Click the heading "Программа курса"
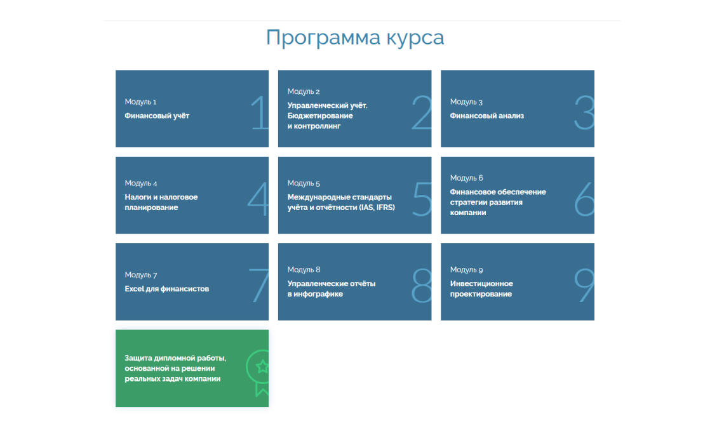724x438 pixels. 355,38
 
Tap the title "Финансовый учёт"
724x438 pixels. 157,116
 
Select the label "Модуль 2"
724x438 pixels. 304,91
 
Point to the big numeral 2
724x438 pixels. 421,112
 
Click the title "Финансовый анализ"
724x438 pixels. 486,116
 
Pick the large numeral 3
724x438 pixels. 584,112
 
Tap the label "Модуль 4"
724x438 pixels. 141,183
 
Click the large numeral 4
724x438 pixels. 258,199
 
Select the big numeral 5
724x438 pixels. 422,199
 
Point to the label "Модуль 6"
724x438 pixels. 466,178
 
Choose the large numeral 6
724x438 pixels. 584,199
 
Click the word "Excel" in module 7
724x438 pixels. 135,289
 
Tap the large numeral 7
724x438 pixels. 258,286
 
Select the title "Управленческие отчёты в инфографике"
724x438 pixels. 332,289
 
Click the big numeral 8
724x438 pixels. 422,286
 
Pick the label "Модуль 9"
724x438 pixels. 466,270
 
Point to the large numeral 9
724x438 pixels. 584,286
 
